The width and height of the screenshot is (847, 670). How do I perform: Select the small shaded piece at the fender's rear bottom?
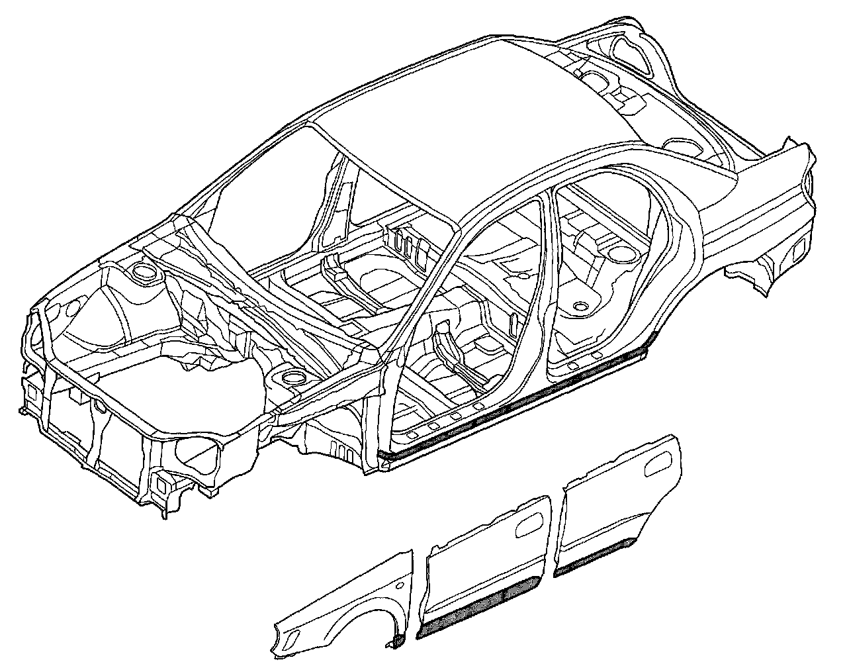[398, 640]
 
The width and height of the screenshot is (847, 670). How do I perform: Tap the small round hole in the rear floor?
[581, 306]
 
